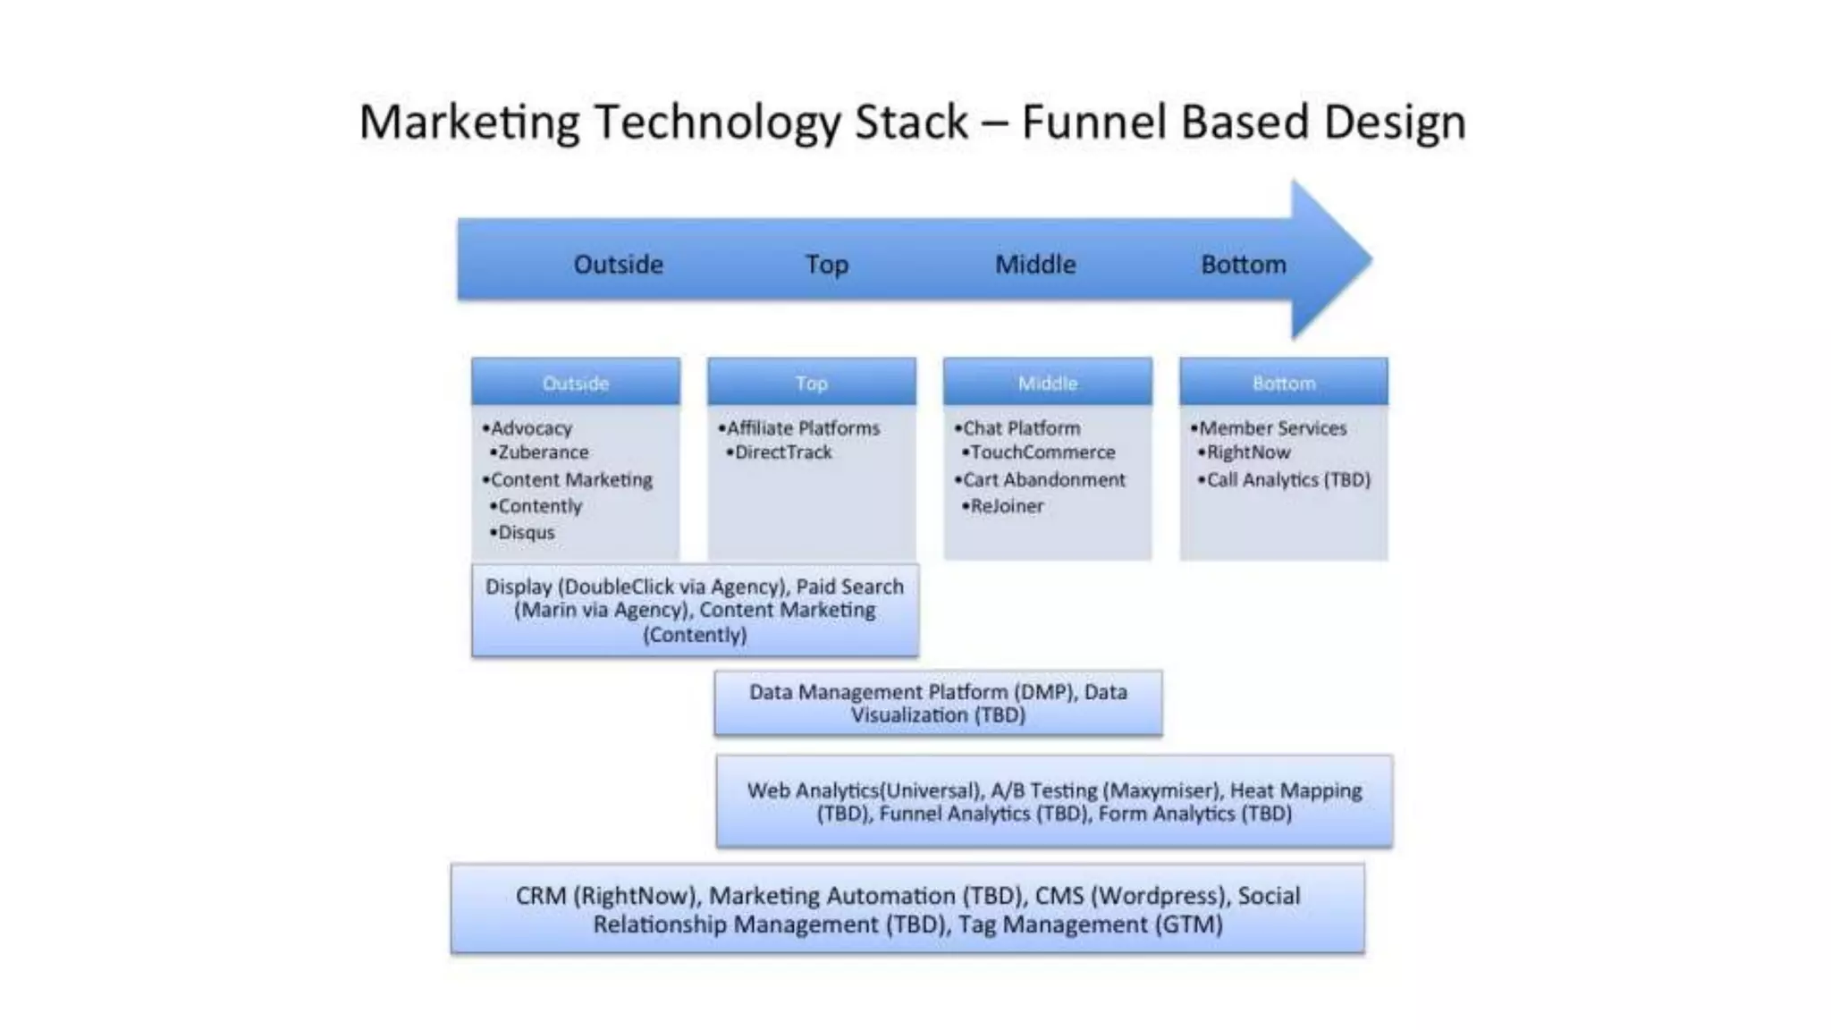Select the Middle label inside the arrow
click(1035, 265)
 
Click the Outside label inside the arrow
click(618, 265)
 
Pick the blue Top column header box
click(811, 383)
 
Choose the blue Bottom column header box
click(1283, 383)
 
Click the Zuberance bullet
click(543, 452)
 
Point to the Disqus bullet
click(526, 533)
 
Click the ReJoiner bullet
click(1007, 506)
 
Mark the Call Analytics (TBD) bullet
click(1288, 480)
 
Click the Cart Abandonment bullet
click(1043, 480)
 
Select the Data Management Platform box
click(938, 704)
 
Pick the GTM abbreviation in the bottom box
click(1188, 924)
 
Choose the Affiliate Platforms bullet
click(803, 428)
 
